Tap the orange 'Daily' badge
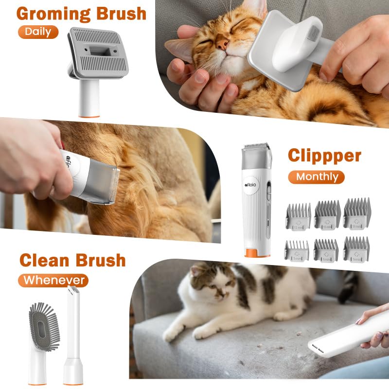(x=38, y=32)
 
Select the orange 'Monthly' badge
(x=316, y=177)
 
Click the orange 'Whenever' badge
(x=53, y=280)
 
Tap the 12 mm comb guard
(x=297, y=215)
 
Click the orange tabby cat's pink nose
(x=223, y=45)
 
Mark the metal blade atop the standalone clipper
(x=256, y=146)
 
